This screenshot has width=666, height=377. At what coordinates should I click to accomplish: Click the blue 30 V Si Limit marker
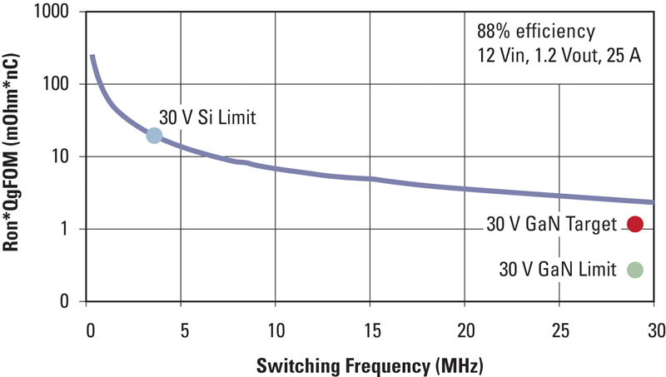tap(154, 136)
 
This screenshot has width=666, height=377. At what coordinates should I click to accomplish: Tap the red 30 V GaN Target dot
tap(635, 223)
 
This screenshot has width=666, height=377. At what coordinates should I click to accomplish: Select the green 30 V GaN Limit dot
tap(635, 269)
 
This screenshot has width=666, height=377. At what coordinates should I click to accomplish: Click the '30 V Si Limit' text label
tap(206, 118)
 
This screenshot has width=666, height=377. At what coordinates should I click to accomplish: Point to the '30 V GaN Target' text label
tap(551, 224)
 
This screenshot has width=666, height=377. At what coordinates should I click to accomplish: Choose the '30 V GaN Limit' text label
tap(558, 269)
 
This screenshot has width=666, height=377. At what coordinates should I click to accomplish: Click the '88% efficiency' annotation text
tap(536, 32)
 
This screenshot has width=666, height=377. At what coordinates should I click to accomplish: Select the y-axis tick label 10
tap(67, 157)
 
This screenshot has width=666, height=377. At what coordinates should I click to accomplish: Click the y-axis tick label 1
tap(72, 230)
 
